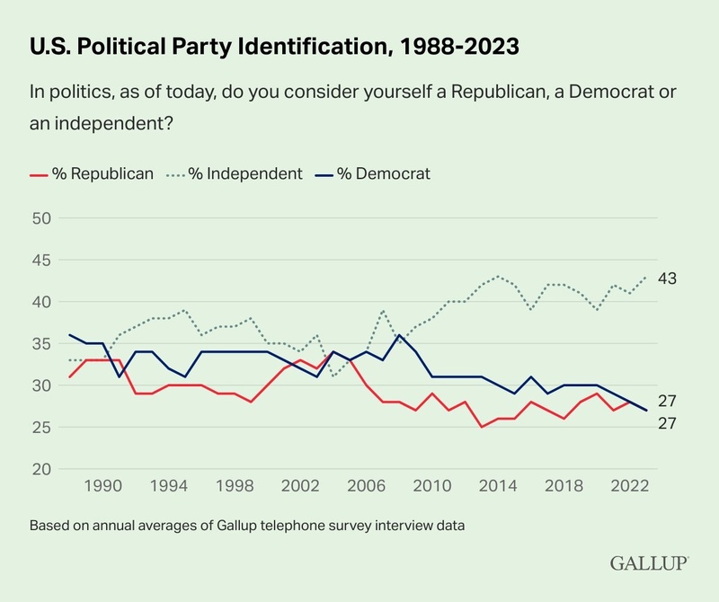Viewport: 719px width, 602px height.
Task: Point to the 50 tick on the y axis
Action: (42, 218)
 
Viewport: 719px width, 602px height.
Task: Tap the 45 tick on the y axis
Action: (42, 261)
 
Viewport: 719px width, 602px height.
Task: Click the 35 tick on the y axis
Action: (42, 344)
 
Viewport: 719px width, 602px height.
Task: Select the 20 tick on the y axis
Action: (42, 469)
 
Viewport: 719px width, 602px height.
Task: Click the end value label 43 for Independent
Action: (667, 279)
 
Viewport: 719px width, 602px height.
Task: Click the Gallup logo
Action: (649, 563)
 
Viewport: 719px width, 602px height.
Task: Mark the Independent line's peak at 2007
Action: (384, 311)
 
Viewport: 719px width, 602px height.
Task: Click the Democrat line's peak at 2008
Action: (400, 335)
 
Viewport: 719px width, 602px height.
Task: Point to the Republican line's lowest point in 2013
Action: (482, 427)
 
